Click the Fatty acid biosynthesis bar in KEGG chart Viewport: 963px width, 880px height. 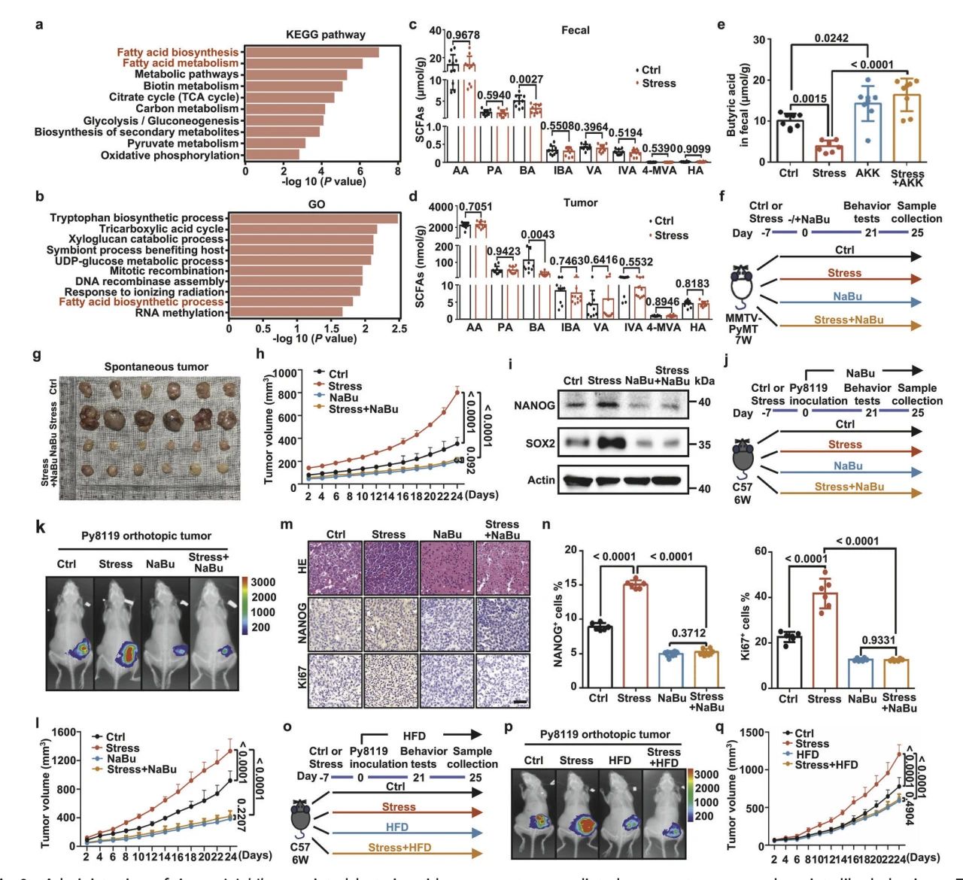(312, 53)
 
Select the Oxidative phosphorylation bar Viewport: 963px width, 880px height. (272, 155)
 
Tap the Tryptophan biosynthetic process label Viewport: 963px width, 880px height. (137, 218)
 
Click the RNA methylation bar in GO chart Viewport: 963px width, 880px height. (286, 312)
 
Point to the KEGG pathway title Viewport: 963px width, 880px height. (326, 35)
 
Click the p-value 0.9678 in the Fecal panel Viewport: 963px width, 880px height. (463, 35)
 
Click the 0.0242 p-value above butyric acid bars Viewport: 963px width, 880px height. (831, 38)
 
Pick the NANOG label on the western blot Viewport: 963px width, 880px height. (535, 405)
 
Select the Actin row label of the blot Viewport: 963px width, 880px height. (541, 480)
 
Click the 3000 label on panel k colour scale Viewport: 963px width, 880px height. (263, 582)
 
